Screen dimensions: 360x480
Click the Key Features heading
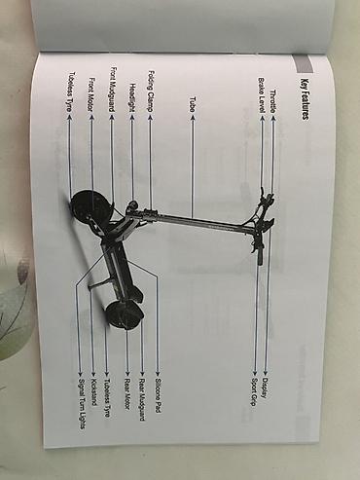point(305,99)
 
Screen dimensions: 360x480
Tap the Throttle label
point(273,101)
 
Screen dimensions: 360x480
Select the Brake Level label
point(262,95)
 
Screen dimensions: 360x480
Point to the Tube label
point(193,104)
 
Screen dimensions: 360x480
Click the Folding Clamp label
point(151,92)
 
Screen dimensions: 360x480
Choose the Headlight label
point(132,97)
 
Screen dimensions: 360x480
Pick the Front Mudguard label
point(112,90)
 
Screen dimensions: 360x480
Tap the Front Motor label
point(91,94)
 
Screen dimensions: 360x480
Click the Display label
point(265,388)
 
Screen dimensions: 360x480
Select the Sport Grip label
point(254,392)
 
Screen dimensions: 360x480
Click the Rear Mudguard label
point(142,399)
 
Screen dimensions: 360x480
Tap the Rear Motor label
point(126,393)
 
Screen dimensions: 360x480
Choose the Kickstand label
point(94,392)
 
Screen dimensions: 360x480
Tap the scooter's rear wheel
point(126,315)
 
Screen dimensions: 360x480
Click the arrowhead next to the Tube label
point(193,117)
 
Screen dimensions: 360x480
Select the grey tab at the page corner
point(303,64)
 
